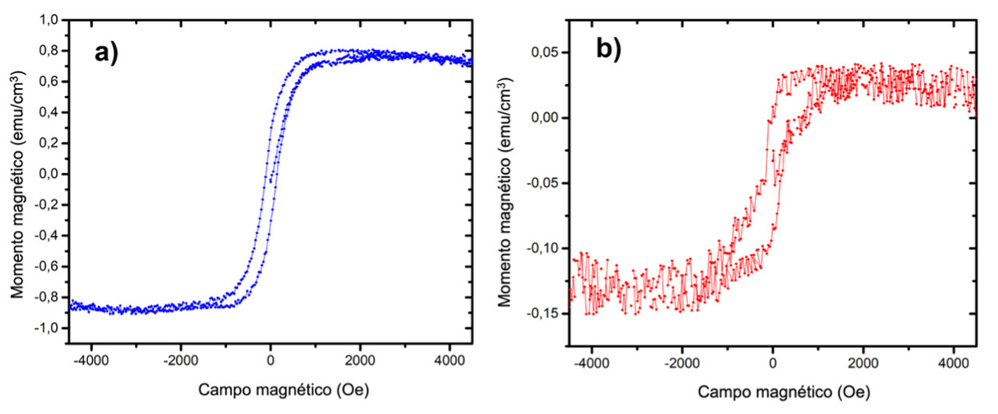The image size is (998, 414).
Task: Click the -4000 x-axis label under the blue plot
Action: [91, 360]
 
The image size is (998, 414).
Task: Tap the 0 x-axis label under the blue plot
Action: [270, 360]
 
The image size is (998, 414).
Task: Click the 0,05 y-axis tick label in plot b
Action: [550, 53]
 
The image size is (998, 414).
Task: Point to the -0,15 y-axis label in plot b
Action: [547, 313]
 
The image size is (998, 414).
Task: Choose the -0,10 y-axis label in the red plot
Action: [547, 248]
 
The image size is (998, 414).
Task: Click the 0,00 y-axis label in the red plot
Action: [550, 118]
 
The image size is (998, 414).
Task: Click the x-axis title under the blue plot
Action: [270, 388]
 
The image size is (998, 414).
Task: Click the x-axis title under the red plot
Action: [772, 391]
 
